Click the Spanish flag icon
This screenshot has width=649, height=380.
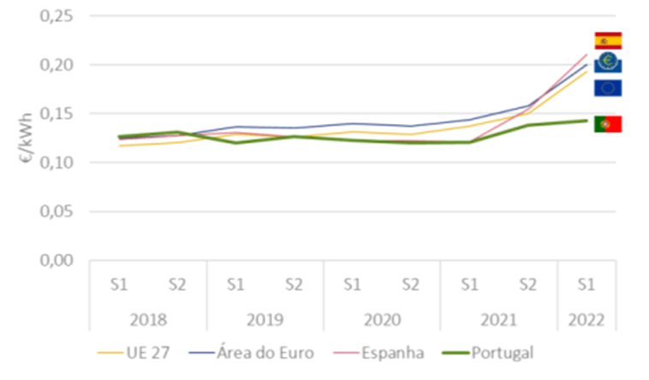pos(608,40)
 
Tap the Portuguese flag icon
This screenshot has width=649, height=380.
pos(608,124)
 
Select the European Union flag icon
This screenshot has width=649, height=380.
pos(608,87)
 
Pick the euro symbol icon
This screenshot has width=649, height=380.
pos(608,62)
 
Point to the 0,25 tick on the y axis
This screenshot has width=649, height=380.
pos(58,16)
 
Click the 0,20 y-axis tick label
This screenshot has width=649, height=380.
pos(58,65)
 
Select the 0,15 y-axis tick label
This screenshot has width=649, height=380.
pos(58,114)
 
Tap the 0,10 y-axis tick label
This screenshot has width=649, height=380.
pos(58,162)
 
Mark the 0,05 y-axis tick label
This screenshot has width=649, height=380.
pos(58,211)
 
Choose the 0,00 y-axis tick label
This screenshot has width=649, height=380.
pos(58,259)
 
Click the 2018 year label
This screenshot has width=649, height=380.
pos(148,322)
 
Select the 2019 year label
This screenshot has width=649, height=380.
pos(265,322)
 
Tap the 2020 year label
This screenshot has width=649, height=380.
pos(381,322)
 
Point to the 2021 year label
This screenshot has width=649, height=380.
pos(497,322)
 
